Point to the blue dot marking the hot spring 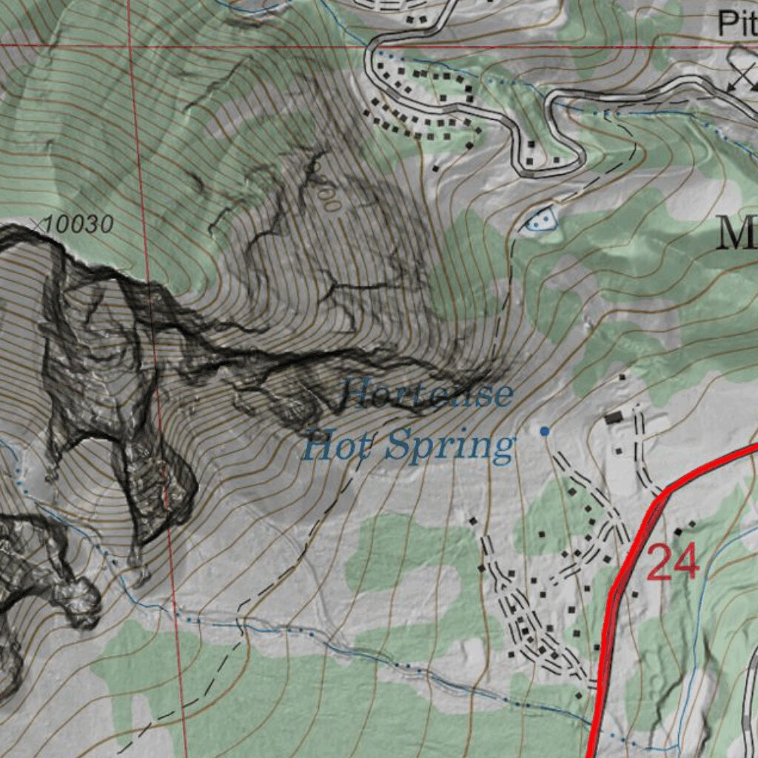pos(545,431)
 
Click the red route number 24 pos(673,563)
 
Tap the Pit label pos(737,24)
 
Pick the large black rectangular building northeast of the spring pos(614,418)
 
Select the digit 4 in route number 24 pos(686,563)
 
